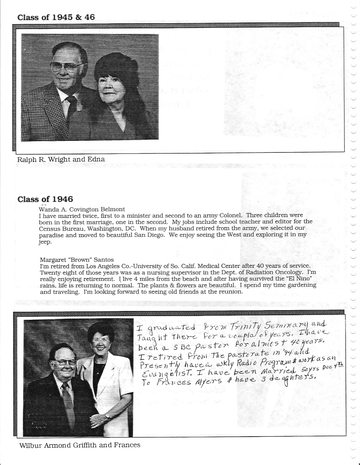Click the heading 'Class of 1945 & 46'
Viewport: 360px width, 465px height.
point(56,17)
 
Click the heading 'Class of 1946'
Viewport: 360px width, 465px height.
point(45,199)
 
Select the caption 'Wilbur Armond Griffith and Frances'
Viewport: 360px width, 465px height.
point(79,445)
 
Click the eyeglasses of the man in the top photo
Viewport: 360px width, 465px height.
point(68,66)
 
